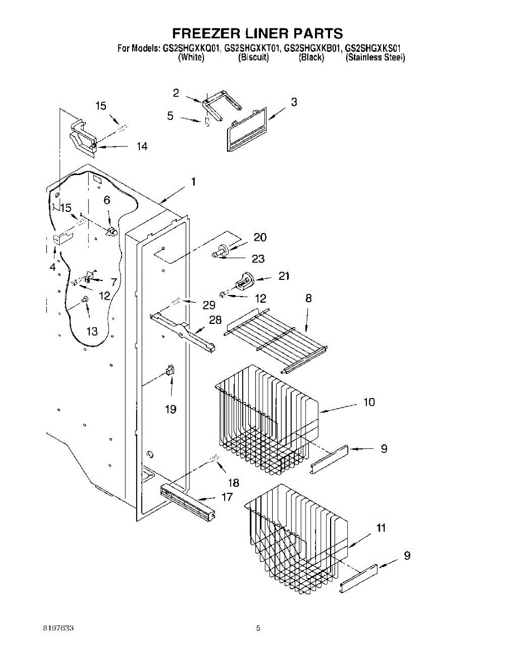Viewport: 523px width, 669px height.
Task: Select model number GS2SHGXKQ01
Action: (191, 49)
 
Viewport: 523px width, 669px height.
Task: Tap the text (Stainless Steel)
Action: (375, 57)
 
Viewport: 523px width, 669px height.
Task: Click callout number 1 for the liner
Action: (193, 181)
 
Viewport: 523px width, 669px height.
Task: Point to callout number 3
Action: (294, 102)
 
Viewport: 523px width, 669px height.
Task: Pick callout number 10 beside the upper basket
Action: (369, 402)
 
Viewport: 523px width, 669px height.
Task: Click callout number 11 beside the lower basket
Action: (381, 528)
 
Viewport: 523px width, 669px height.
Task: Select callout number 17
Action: (227, 497)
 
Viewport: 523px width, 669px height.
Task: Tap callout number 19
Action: (171, 409)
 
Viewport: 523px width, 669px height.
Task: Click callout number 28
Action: (215, 320)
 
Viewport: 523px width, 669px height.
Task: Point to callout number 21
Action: (284, 275)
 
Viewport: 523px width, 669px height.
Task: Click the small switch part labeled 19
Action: (170, 371)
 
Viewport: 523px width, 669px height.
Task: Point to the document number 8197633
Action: (59, 628)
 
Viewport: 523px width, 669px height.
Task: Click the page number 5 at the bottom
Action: (258, 628)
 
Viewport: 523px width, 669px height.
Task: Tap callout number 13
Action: (92, 331)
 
